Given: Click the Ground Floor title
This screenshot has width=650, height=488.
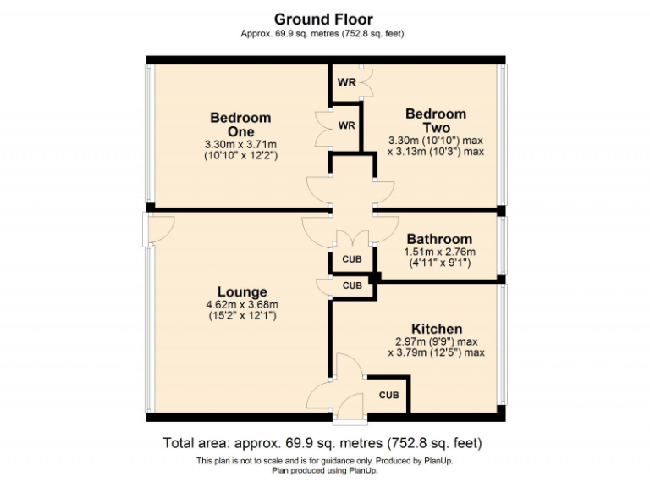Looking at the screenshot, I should coord(323,19).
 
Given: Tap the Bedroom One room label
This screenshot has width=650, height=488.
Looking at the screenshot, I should coord(240,125).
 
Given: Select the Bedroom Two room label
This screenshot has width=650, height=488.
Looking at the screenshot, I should coord(435,120).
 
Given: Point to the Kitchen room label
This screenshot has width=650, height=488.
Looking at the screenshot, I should coord(436,329).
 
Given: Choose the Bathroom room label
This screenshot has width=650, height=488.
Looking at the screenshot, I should coord(438,239).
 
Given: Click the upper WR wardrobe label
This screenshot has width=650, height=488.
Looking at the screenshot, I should coord(346,83).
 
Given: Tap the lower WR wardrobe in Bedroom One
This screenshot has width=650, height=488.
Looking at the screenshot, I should coord(346,125).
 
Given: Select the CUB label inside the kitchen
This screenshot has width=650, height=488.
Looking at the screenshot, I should coord(388,395).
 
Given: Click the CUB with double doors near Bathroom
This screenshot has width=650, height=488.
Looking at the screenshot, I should coord(351,259).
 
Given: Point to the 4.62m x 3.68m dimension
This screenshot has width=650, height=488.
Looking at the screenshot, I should coord(241,305).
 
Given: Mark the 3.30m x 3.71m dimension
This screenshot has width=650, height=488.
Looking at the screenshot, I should coord(240,145).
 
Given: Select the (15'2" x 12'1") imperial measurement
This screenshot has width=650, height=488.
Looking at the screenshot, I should coord(241,316).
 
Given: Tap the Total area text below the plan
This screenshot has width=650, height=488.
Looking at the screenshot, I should coord(323,443).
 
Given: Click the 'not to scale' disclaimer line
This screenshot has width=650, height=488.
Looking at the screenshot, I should coord(323,460).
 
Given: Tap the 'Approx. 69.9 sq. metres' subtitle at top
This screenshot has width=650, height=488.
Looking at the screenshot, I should coord(323,34).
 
